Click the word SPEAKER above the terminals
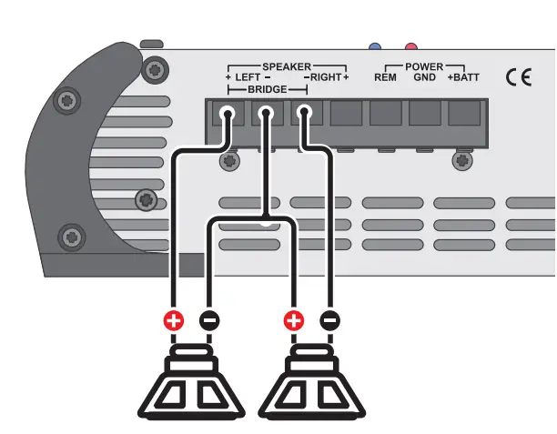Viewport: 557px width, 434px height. pos(287,66)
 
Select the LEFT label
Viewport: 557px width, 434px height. pos(248,78)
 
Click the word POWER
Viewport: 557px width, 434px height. pos(424,66)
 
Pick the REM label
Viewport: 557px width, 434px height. pos(385,78)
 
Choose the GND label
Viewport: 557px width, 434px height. pos(423,78)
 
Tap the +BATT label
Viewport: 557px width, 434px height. pos(463,78)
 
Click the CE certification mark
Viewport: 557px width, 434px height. pos(518,77)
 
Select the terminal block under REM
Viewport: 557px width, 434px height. pos(385,116)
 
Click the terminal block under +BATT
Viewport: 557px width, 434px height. pos(464,116)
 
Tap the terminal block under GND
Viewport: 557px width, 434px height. pos(424,116)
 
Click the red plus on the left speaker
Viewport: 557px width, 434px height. pos(173,320)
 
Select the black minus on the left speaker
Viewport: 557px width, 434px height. pos(208,320)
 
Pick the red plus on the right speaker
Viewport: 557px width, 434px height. pos(293,320)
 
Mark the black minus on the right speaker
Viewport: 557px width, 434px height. pos(329,320)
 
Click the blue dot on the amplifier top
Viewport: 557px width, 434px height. pos(373,45)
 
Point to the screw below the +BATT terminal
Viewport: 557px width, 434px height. pos(464,161)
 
